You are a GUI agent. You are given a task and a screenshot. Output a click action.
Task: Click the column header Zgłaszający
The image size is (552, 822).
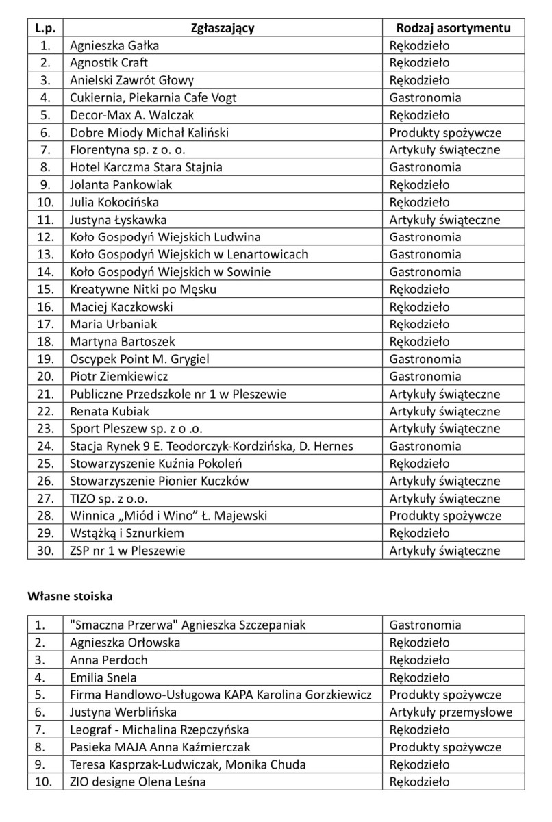223,28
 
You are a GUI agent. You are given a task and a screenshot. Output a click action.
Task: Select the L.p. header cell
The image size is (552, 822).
45,28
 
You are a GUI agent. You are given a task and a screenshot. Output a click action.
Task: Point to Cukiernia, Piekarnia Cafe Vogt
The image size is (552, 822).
153,98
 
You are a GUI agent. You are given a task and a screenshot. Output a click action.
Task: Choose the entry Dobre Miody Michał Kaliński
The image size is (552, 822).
149,132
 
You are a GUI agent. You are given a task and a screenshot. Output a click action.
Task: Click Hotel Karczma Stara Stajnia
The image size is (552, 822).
146,167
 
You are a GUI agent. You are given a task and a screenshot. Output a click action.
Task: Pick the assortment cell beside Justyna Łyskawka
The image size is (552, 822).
444,220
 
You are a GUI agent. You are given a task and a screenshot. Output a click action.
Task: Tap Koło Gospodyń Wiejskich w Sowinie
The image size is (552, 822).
171,272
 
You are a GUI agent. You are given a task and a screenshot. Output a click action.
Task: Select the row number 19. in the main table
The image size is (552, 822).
45,359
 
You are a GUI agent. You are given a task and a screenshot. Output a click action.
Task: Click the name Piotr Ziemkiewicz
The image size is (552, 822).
119,377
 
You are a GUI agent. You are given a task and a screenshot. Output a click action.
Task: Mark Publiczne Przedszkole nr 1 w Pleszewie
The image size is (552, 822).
178,394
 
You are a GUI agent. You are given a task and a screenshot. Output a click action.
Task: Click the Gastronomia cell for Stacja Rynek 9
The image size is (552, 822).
425,446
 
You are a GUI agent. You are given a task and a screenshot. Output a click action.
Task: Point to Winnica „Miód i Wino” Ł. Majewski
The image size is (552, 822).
168,516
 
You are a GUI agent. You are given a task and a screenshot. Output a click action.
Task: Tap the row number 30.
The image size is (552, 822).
45,551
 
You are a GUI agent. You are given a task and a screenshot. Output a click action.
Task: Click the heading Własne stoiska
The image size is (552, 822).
70,596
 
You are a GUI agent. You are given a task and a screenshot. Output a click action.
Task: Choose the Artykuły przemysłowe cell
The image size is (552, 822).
451,712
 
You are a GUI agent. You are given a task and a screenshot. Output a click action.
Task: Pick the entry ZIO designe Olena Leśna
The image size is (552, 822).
138,782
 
